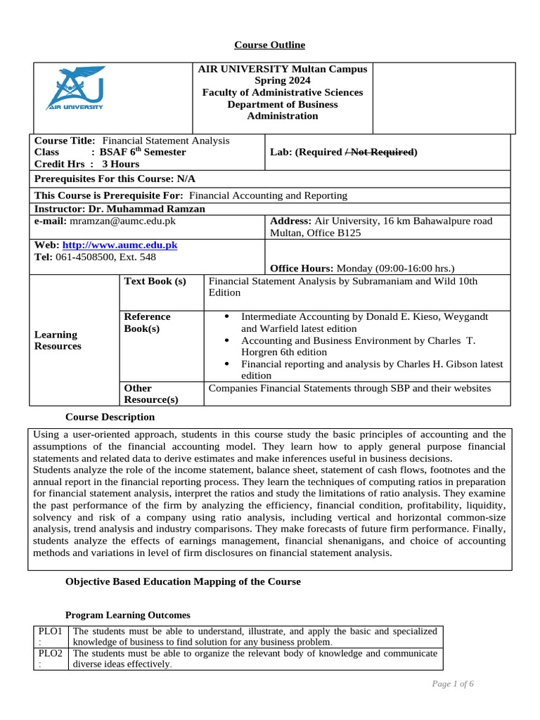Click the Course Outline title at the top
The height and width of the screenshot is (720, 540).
[269, 45]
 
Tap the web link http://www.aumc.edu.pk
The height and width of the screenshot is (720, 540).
[120, 245]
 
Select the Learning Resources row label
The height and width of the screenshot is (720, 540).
[58, 340]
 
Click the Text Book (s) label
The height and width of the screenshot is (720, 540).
[155, 281]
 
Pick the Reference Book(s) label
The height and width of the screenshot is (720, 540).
[147, 323]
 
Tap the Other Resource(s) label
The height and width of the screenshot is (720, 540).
[150, 394]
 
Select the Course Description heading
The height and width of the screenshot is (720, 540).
[110, 417]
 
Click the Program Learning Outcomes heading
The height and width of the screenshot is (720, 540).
[127, 615]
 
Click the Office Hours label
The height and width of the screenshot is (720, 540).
[302, 268]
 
